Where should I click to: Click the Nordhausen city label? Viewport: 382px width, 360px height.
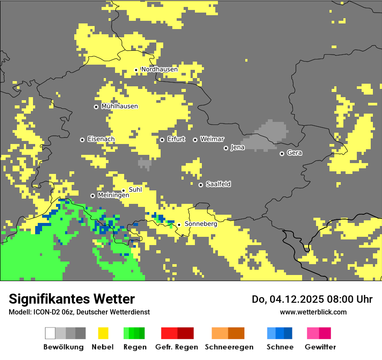coord(159,69)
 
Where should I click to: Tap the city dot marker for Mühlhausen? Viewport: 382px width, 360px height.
coord(96,107)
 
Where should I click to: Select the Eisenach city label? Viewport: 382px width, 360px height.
coord(101,139)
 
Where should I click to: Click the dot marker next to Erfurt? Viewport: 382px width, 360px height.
coord(162,140)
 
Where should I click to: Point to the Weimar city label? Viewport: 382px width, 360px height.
coord(212,139)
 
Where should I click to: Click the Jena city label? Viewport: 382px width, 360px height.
coord(237,147)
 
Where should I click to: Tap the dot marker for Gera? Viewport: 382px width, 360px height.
coord(282,154)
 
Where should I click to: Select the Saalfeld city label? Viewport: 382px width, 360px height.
coord(218,184)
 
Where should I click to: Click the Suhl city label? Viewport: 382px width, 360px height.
coord(135,190)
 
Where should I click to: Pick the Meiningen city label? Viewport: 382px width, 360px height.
coord(113,196)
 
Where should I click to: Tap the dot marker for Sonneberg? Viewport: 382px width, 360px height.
coord(179,225)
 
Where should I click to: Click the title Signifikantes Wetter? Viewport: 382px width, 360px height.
coord(72,299)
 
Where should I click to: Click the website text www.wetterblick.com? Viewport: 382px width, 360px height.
coord(313,312)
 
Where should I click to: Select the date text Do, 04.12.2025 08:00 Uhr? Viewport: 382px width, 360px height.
coord(312,299)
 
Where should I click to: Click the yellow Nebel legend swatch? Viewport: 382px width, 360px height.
coord(103,333)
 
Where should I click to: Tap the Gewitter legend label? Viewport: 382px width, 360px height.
coord(320,347)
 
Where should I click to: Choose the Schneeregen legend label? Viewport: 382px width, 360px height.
coord(229,347)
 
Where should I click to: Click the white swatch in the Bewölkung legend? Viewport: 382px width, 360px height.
coord(50,333)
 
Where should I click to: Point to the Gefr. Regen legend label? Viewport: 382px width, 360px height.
coord(176,347)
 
